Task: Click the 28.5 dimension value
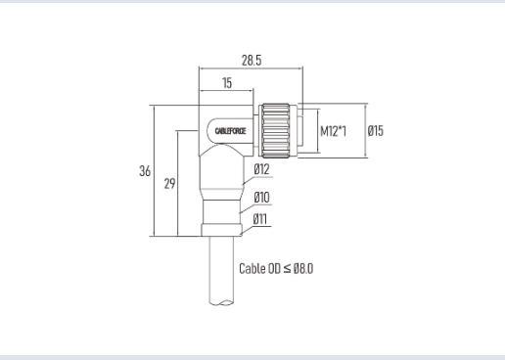click(x=252, y=61)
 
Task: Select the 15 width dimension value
click(x=227, y=83)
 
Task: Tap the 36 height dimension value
click(x=145, y=171)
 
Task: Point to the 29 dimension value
click(x=169, y=184)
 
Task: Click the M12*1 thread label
click(x=333, y=131)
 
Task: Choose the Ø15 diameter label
click(x=376, y=131)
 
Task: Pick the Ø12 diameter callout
click(x=262, y=169)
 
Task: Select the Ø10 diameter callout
click(x=262, y=198)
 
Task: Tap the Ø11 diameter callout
click(x=260, y=219)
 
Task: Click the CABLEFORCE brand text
click(x=230, y=131)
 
